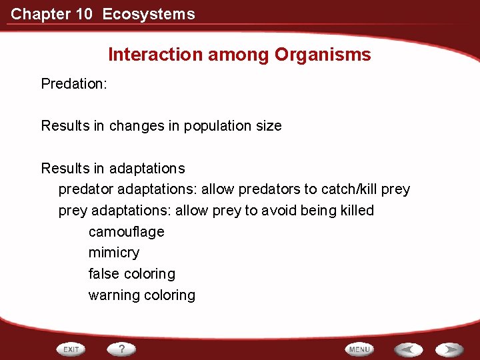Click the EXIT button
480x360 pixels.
(71, 349)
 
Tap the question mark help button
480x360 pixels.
(121, 349)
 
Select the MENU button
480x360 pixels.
(359, 349)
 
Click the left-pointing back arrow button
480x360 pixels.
(408, 349)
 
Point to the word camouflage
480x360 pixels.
(126, 232)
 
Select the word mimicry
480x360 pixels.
(114, 253)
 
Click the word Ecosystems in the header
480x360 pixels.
(149, 14)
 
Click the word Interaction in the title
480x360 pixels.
(155, 55)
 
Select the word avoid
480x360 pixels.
(281, 211)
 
